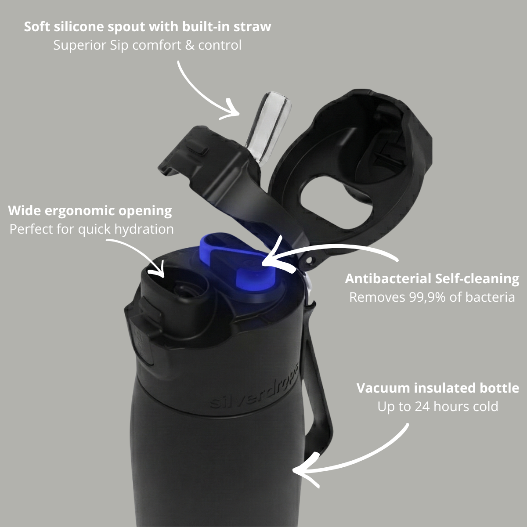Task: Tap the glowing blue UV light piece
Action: pos(238,263)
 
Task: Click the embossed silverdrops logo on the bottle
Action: pos(254,388)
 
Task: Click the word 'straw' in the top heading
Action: pos(252,27)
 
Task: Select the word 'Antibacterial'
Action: pos(388,279)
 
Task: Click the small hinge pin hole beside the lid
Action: pos(309,261)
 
